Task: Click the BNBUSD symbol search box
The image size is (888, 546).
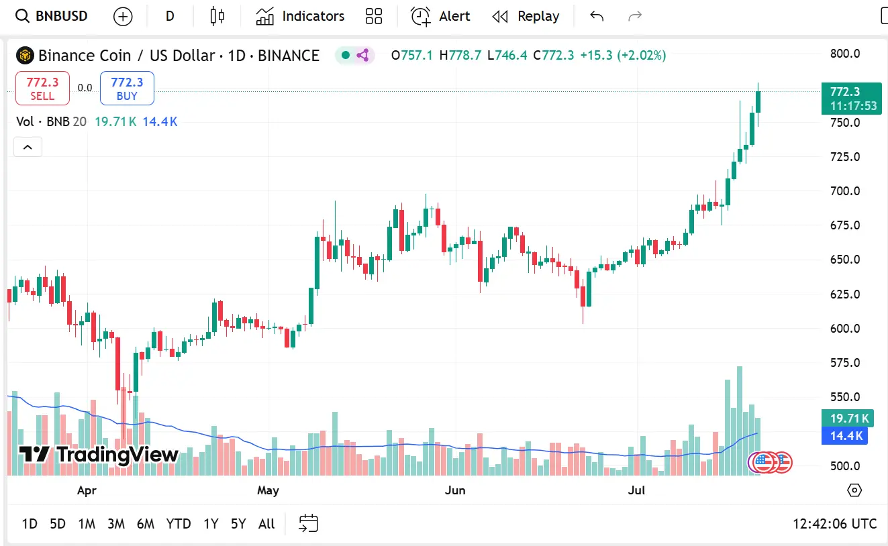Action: coord(52,16)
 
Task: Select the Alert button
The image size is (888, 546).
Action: coord(440,16)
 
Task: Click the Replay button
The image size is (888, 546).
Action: coord(526,16)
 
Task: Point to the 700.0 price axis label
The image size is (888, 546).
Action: coord(845,191)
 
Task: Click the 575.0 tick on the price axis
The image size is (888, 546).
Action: coord(845,363)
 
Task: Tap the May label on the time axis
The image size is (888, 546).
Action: coord(268,490)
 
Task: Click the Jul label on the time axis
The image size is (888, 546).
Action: coord(636,490)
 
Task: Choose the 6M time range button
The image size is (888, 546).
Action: coord(146,524)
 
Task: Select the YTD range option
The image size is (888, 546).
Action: coord(179,524)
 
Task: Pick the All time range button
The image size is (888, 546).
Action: coord(266,524)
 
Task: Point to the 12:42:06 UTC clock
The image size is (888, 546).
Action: coord(834,524)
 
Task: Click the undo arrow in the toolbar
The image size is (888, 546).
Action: coord(597,16)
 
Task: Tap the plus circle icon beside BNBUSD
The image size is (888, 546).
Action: coord(123,16)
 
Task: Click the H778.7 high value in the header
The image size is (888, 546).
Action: coord(460,55)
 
